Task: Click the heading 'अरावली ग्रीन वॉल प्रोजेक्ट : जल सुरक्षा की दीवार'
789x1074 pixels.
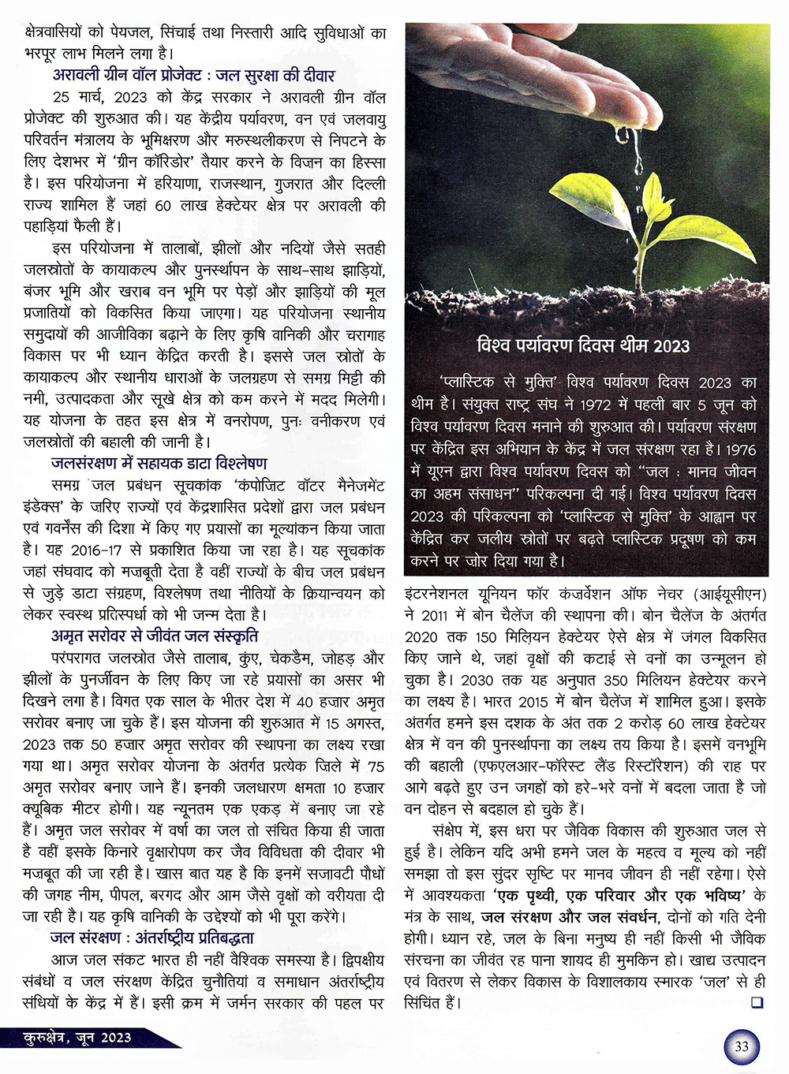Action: (193, 76)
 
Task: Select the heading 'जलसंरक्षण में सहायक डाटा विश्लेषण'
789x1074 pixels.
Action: (159, 464)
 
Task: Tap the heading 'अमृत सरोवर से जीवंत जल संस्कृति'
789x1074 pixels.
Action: (155, 636)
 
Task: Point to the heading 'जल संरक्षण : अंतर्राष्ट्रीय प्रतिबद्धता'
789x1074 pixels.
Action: (151, 938)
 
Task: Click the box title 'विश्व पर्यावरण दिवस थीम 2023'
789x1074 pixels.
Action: (583, 345)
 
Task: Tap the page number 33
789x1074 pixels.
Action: (741, 1046)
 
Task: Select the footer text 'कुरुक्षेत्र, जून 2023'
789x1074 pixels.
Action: (77, 1038)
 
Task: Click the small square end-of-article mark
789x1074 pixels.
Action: (757, 1003)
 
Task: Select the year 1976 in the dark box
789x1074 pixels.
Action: (739, 449)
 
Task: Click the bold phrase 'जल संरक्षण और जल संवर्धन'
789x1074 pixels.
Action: (569, 917)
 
